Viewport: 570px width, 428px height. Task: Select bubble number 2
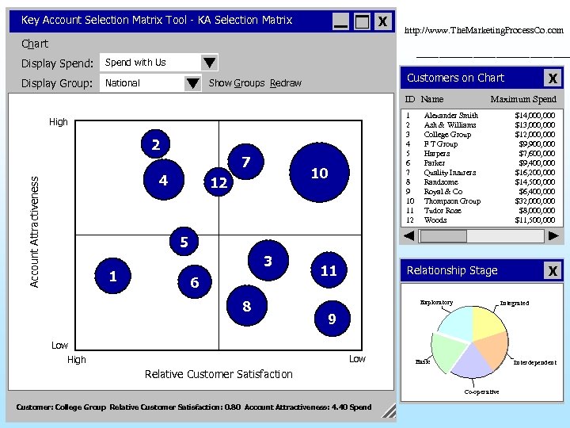pos(156,144)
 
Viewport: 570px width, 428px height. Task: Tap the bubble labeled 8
pos(246,306)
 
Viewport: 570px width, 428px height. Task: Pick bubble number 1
pos(113,276)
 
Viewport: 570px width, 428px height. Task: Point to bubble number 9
pos(332,319)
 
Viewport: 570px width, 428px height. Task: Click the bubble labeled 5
pos(184,242)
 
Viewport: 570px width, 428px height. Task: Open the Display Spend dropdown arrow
pos(208,63)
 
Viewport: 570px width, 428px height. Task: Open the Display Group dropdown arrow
pos(192,83)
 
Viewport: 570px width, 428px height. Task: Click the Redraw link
pos(285,83)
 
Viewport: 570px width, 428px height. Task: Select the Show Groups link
pos(237,83)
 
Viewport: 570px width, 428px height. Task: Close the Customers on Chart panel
pos(553,78)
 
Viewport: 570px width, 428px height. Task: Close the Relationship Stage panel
pos(553,271)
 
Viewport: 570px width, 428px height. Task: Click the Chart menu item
pos(35,44)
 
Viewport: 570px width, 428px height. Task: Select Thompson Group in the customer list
pos(452,201)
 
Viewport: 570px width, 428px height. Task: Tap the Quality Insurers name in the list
pos(450,173)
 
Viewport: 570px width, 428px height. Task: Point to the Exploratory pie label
pos(436,303)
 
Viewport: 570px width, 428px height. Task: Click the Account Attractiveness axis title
pos(34,231)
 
